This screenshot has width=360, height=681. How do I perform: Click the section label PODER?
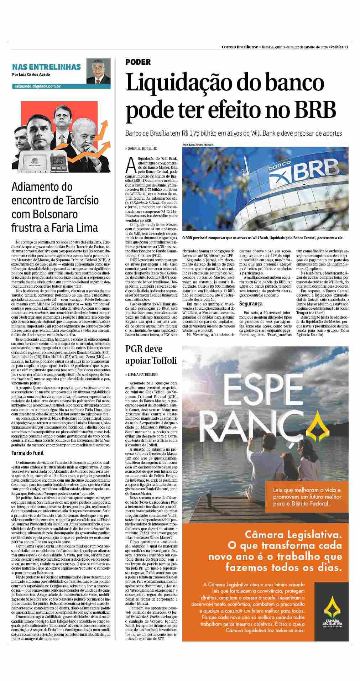(138, 62)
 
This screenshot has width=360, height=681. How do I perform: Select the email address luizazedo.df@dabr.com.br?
(37, 86)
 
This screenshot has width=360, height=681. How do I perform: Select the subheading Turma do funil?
(27, 453)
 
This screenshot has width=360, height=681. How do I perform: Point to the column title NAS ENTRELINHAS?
(46, 67)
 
